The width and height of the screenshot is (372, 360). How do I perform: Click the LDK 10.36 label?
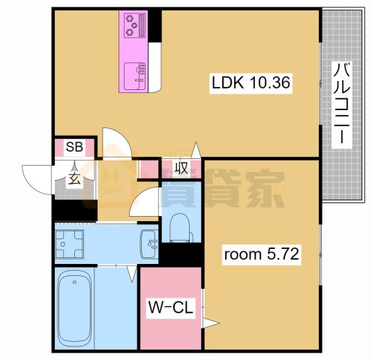250,84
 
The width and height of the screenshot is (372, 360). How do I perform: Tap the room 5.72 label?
262,254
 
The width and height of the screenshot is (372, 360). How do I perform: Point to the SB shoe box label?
74,147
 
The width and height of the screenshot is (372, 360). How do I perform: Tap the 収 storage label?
181,168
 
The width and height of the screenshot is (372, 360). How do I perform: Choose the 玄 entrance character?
75,178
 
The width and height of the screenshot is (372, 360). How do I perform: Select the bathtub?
74,308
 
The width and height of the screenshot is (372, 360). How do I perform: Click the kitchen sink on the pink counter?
137,73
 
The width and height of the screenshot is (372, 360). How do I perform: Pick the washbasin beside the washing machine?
149,244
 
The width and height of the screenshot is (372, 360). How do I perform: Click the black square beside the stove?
155,26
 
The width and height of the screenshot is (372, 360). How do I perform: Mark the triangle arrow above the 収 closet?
195,149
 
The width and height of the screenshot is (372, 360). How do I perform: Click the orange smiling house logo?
112,180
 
